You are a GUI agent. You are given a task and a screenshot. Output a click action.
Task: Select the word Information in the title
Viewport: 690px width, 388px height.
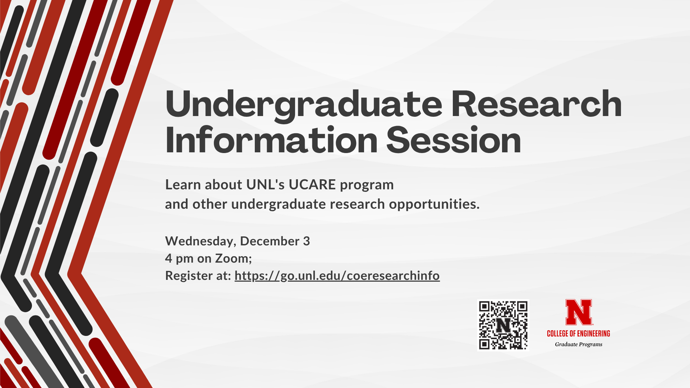[271, 140]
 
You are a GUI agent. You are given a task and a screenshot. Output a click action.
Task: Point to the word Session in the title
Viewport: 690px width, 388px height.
[454, 140]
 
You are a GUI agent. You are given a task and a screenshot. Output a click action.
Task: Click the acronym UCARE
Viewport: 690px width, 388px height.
[312, 185]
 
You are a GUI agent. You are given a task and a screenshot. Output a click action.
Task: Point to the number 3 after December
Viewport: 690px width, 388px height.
[306, 241]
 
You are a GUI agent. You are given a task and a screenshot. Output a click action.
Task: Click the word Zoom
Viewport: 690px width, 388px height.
[233, 259]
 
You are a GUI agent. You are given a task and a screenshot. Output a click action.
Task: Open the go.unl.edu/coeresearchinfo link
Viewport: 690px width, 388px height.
[337, 276]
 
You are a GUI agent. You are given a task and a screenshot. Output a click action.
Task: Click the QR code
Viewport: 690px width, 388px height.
[503, 325]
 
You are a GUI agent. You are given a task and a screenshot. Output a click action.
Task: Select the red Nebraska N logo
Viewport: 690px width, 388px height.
[579, 312]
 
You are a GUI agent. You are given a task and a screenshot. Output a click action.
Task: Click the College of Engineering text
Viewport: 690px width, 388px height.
[579, 334]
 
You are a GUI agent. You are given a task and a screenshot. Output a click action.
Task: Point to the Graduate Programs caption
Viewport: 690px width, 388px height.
[579, 345]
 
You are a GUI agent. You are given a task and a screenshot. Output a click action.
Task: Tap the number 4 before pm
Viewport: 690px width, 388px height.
[169, 258]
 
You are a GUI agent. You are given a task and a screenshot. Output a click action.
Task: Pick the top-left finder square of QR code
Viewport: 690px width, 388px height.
[485, 307]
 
